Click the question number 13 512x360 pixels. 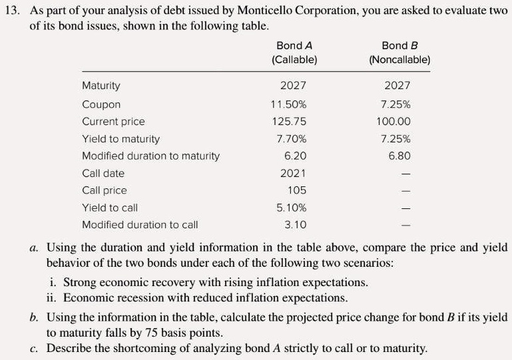12,12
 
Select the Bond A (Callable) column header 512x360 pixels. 294,53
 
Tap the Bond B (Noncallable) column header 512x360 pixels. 399,53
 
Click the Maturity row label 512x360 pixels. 101,86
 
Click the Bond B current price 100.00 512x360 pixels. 397,122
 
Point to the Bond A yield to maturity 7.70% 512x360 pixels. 291,139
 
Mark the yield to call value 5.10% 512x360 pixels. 291,208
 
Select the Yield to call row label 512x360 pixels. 110,208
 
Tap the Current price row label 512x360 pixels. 113,122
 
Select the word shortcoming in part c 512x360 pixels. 146,348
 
